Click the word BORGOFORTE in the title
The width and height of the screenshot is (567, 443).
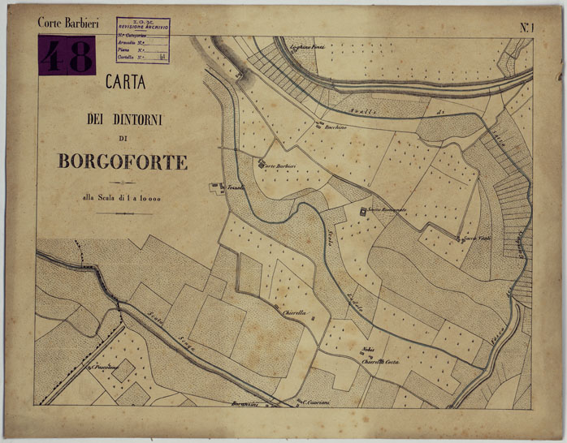coord(123,161)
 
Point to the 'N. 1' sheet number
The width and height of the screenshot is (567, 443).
coord(530,28)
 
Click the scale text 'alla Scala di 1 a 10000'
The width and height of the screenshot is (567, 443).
coord(123,197)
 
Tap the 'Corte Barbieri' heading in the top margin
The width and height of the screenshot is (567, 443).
coord(68,24)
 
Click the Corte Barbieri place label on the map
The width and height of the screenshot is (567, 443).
coord(278,166)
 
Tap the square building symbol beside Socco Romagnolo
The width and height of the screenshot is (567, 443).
coord(363,212)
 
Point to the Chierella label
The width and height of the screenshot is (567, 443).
coord(293,312)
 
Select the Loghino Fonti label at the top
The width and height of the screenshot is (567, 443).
coord(308,48)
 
